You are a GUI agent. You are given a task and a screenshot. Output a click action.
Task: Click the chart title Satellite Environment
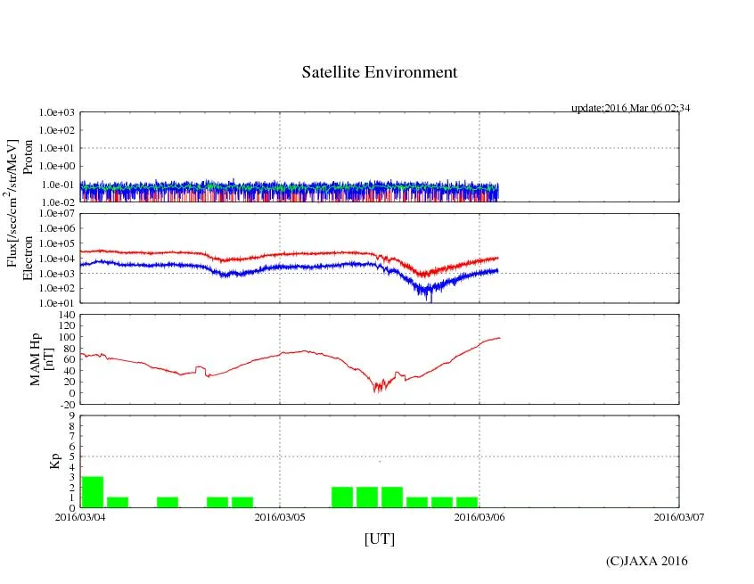pyautogui.click(x=379, y=72)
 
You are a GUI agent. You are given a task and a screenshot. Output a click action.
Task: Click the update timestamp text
pyautogui.click(x=630, y=108)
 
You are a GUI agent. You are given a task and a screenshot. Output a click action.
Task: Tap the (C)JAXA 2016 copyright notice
pyautogui.click(x=646, y=561)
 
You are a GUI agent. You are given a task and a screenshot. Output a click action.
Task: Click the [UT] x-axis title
pyautogui.click(x=379, y=539)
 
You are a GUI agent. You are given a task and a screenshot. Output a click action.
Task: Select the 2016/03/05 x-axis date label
pyautogui.click(x=280, y=516)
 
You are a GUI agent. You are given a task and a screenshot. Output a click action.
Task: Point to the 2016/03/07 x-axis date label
pyautogui.click(x=678, y=516)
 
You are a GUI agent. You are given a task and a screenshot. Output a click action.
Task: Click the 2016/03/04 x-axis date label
pyautogui.click(x=80, y=516)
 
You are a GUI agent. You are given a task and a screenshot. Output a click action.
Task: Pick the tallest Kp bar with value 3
pyautogui.click(x=93, y=492)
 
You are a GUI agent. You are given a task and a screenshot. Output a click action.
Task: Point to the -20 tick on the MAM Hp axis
pyautogui.click(x=65, y=404)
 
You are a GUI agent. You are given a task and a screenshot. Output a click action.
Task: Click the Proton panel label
pyautogui.click(x=28, y=157)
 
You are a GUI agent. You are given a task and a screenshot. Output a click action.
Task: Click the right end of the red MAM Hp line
pyautogui.click(x=500, y=337)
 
